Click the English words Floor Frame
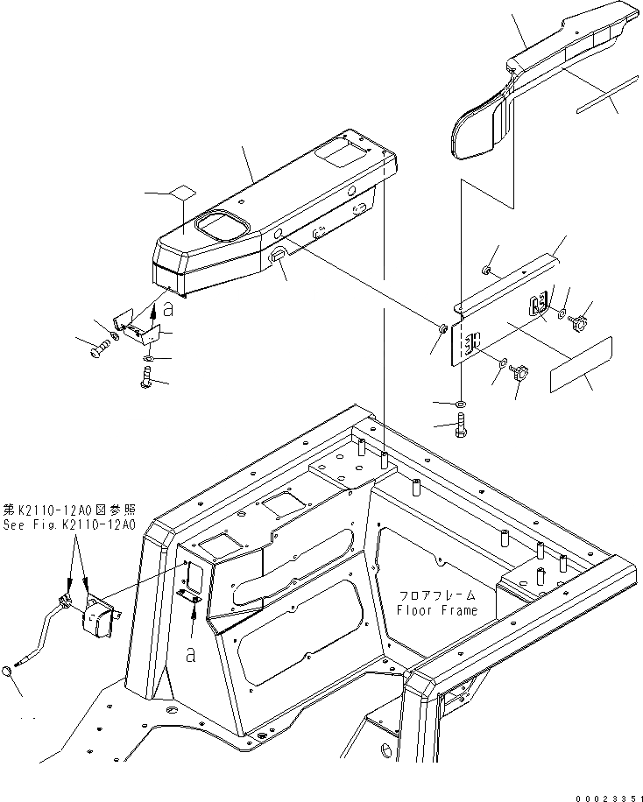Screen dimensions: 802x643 [x=437, y=610]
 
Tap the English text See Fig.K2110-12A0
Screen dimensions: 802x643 [x=69, y=524]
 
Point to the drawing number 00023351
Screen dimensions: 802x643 [x=606, y=793]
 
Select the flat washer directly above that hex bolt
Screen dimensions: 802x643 [x=462, y=404]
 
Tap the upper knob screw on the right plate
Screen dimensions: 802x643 [x=578, y=326]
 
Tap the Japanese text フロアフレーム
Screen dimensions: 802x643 [x=437, y=594]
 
